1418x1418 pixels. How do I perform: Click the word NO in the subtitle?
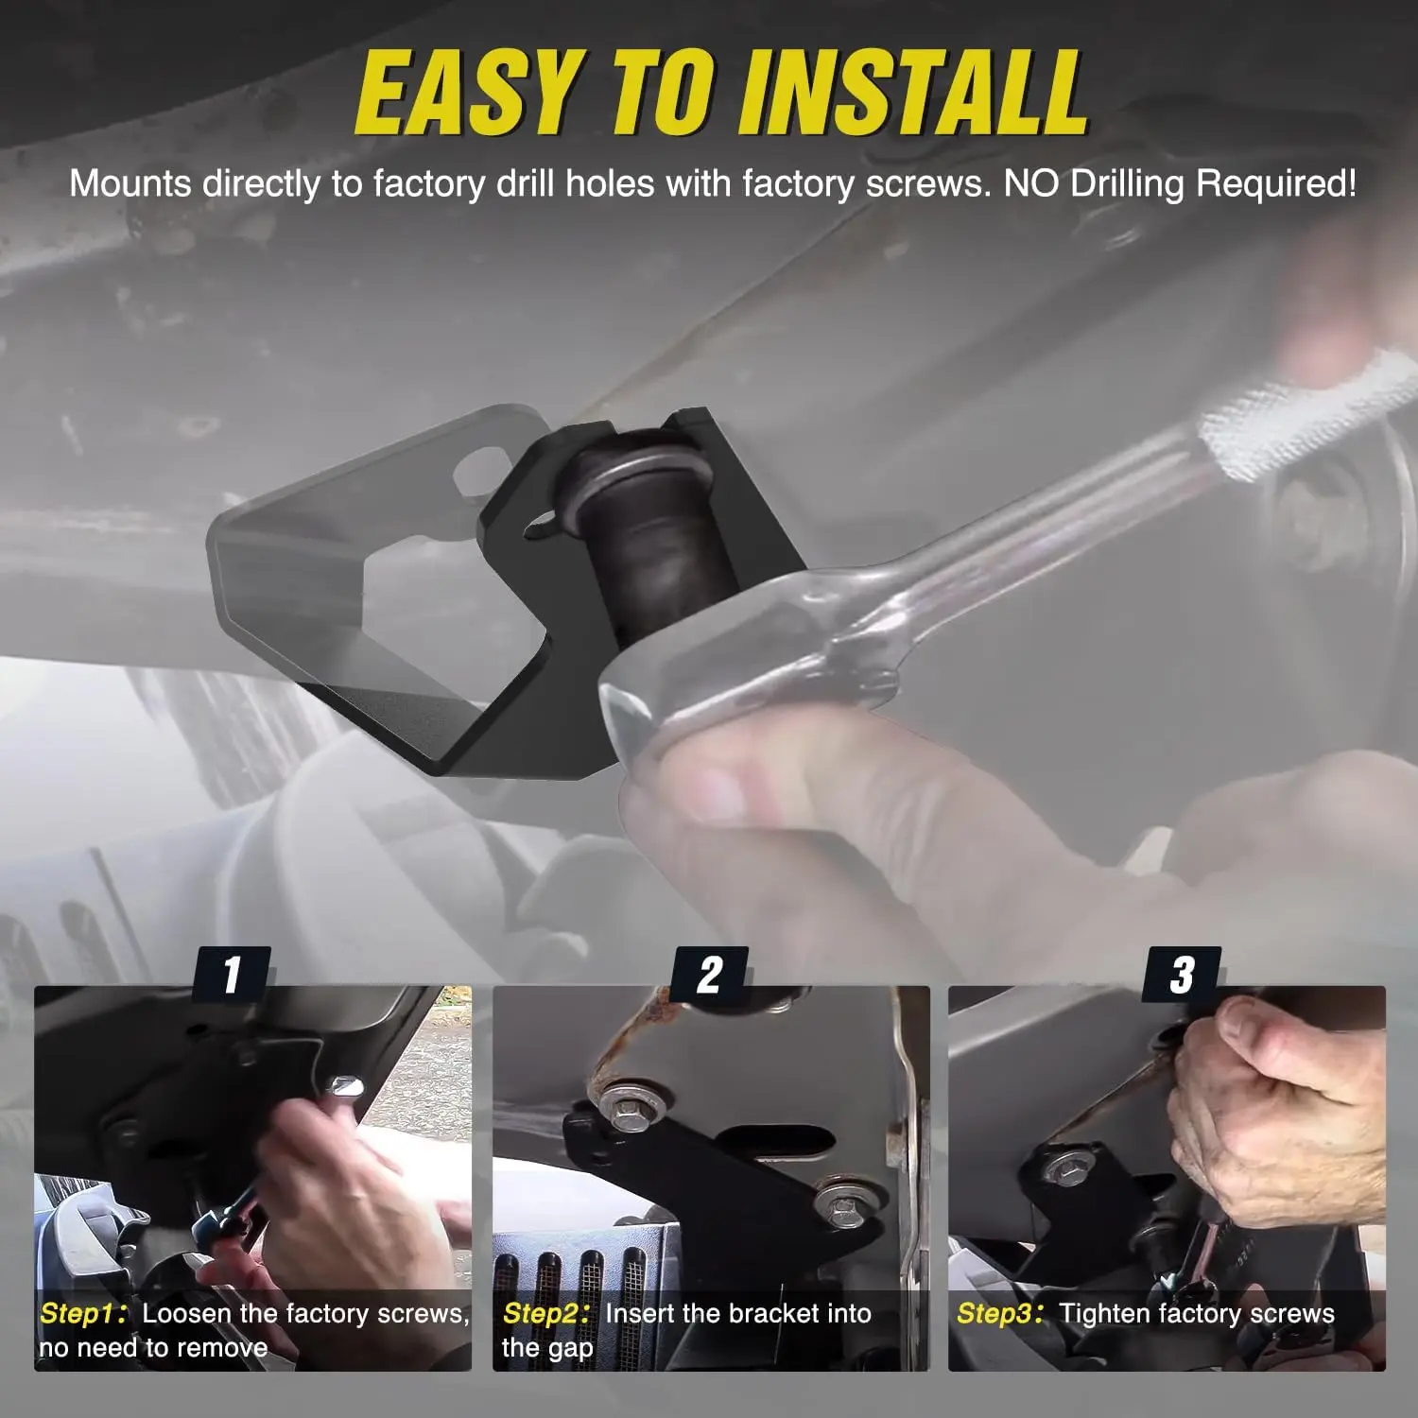(x=1032, y=183)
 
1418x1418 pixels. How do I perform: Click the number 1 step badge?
(x=232, y=974)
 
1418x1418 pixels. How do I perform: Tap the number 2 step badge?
(x=710, y=974)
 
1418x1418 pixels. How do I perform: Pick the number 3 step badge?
(x=1182, y=974)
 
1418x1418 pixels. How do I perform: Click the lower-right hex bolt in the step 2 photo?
(x=839, y=1203)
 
